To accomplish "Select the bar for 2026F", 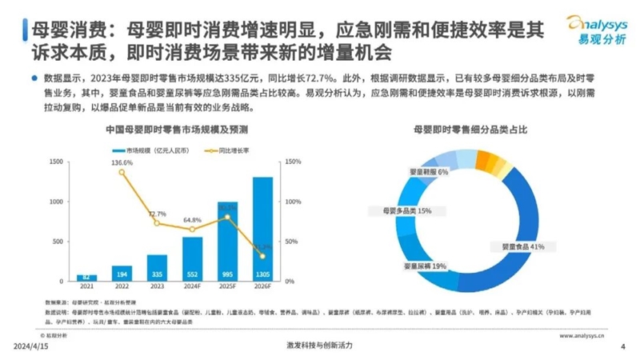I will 262,228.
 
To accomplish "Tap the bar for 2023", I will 157,267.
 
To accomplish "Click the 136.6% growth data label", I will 122,162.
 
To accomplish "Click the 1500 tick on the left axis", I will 56,162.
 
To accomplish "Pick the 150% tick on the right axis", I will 293,162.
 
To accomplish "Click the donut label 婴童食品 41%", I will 522,246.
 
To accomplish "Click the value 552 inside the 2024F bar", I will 192,273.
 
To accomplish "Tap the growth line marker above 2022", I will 122,172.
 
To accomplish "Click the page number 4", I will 622,346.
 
